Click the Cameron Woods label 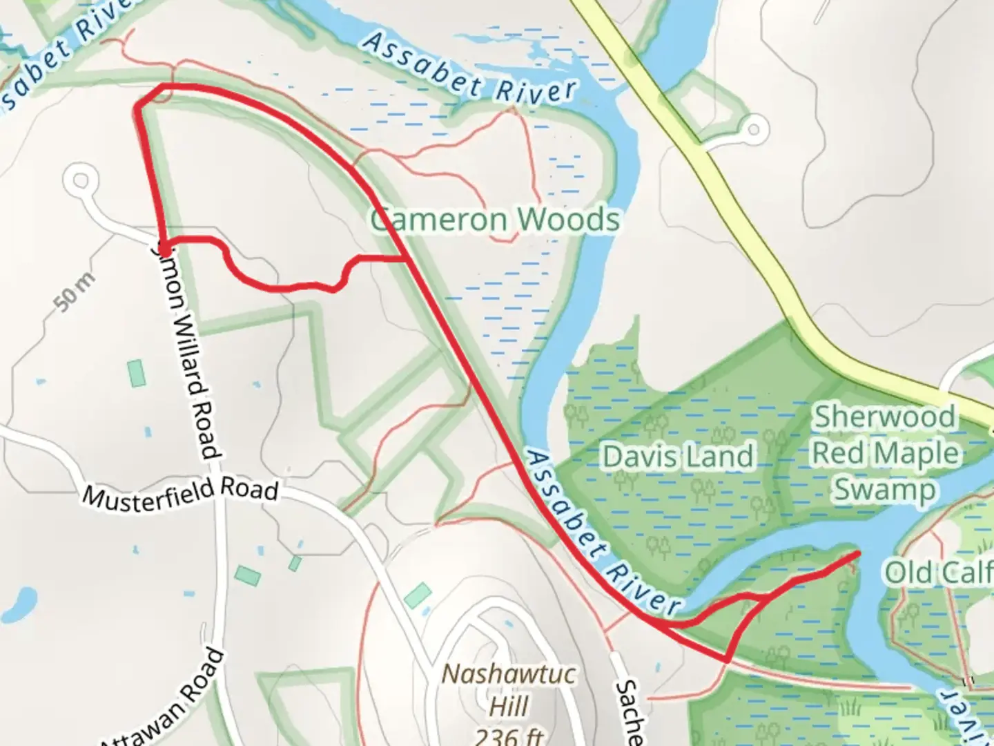pos(495,220)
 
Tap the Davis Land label pos(678,457)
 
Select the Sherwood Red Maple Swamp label pos(885,453)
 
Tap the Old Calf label pos(939,573)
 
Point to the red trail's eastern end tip pos(858,553)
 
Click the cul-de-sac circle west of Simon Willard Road pos(81,182)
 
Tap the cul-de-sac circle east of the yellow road pos(752,128)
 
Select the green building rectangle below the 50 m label pos(137,372)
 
